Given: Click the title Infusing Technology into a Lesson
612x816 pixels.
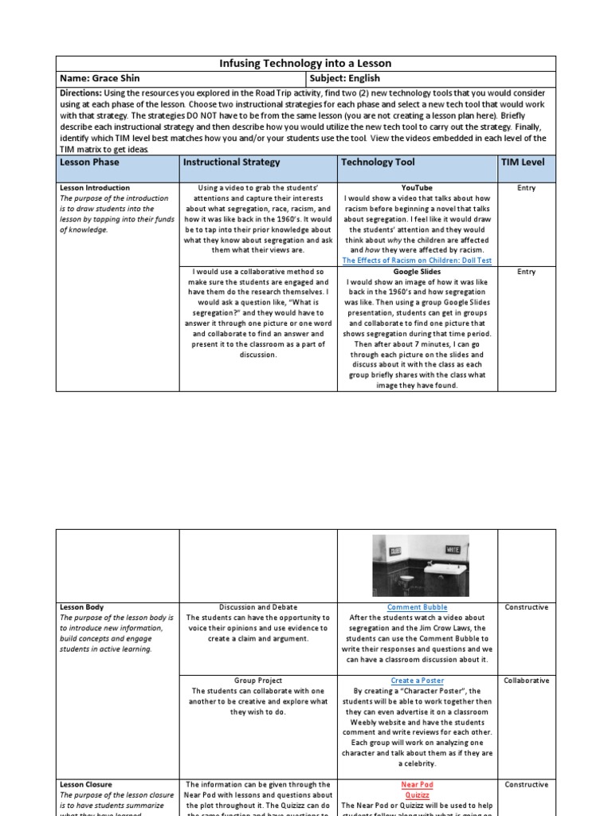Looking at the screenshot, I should (x=305, y=64).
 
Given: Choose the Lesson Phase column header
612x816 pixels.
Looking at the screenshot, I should (x=89, y=162).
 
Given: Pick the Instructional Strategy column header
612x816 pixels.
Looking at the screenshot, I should (x=232, y=162).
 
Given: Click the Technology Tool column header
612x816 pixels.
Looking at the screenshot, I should (x=378, y=162).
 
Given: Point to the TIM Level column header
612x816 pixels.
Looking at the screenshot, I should (x=523, y=162).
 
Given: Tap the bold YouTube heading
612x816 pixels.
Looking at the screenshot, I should (x=417, y=188).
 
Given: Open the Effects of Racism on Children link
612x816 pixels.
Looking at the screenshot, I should (x=417, y=260).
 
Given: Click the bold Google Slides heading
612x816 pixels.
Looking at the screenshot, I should (x=417, y=272).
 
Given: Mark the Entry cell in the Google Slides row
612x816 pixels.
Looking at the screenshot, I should (x=526, y=272).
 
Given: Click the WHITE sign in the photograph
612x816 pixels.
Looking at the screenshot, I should (x=452, y=549).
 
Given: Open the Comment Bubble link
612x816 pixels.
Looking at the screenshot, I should (x=417, y=607).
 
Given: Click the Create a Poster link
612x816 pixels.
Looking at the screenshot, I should (x=417, y=681).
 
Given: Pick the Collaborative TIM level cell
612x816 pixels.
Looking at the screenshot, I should (x=526, y=681).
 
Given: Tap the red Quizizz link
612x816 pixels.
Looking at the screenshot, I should (x=417, y=795).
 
